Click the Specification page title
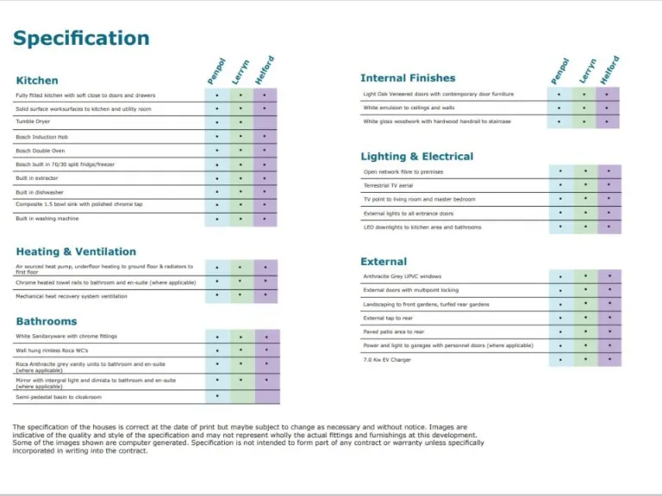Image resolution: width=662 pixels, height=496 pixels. pyautogui.click(x=81, y=39)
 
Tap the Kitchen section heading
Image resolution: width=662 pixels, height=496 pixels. pyautogui.click(x=37, y=80)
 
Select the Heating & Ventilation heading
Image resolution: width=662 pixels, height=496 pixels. pyautogui.click(x=76, y=251)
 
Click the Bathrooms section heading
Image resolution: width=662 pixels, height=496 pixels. pyautogui.click(x=47, y=321)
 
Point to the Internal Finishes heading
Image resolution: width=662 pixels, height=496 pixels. pyautogui.click(x=408, y=77)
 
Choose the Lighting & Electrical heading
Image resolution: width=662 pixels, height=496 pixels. pyautogui.click(x=416, y=156)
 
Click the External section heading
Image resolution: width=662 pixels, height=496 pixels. pyautogui.click(x=384, y=261)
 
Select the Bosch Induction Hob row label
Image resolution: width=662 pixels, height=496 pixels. pyautogui.click(x=41, y=136)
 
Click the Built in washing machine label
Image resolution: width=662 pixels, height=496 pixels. pyautogui.click(x=47, y=219)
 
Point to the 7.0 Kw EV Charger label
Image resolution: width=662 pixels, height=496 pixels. pyautogui.click(x=387, y=360)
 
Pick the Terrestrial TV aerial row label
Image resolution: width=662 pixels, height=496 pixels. pyautogui.click(x=388, y=185)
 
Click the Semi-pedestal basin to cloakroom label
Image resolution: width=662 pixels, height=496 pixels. pyautogui.click(x=59, y=397)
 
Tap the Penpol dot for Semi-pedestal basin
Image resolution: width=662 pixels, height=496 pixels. pyautogui.click(x=217, y=396)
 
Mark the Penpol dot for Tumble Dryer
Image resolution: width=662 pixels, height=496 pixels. pyautogui.click(x=217, y=122)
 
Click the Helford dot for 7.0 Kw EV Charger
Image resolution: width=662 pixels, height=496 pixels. pyautogui.click(x=609, y=359)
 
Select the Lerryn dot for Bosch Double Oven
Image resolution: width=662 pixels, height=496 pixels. pyautogui.click(x=241, y=150)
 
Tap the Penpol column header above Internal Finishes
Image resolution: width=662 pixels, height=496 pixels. pyautogui.click(x=560, y=71)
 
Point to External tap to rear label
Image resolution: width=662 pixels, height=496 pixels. pyautogui.click(x=388, y=318)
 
